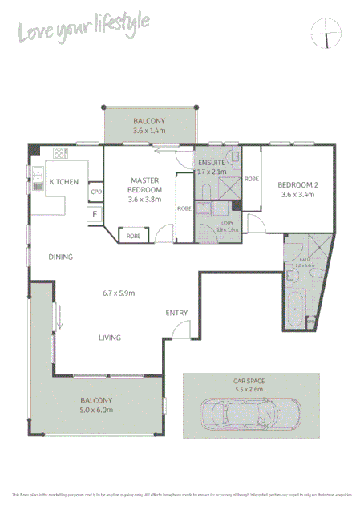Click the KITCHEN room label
pos(63,182)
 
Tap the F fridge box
pos(95,214)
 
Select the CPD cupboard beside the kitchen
pos(96,192)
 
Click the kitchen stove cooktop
pos(60,152)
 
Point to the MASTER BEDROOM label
pos(145,184)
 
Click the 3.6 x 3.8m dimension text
pos(145,200)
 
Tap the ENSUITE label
pos(212,163)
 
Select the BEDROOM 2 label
pos(298,184)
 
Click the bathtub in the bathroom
pos(294,310)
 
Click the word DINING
pos(61,257)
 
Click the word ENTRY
pos(177,312)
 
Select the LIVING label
pos(110,338)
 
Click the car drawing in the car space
pos(242,416)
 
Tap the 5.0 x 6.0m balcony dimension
pos(97,410)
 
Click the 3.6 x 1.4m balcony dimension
pos(149,130)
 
